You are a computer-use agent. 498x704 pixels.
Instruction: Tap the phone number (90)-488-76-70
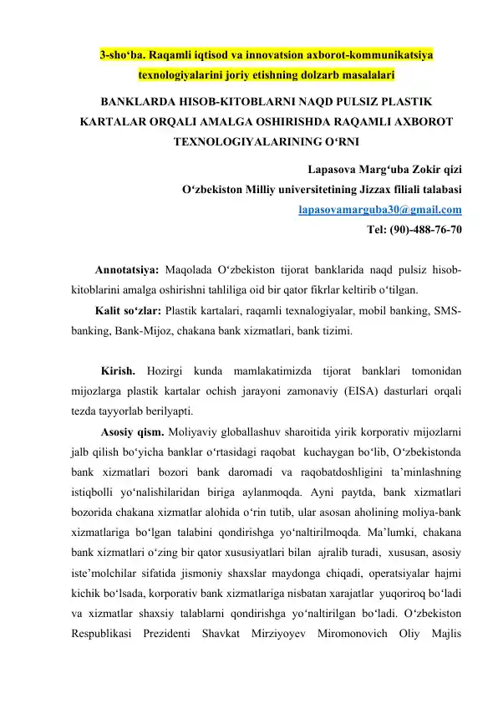click(x=429, y=228)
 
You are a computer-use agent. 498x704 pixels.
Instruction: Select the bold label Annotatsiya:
click(x=127, y=271)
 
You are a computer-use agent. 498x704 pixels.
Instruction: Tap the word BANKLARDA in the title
click(x=137, y=103)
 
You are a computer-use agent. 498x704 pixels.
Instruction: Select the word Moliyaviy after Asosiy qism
click(x=194, y=432)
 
